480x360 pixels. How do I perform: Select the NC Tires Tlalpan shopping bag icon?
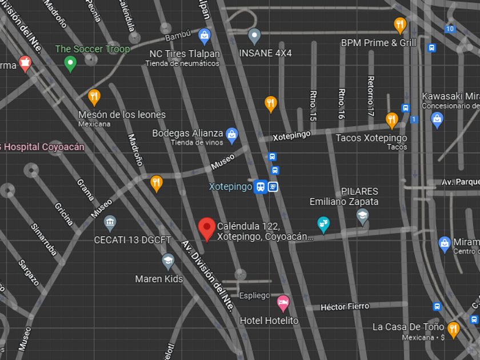pos(204,37)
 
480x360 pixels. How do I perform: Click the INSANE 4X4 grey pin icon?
pos(255,36)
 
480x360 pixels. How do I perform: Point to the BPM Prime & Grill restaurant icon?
pos(400,25)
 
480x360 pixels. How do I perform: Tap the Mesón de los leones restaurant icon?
pos(94,97)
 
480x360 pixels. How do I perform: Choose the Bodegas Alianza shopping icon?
pos(231,134)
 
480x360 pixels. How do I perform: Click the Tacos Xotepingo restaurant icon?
pos(391,120)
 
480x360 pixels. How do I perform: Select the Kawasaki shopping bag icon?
pos(437,119)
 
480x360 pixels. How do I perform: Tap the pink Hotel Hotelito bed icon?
pos(283,302)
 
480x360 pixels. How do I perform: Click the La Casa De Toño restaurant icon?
pos(453,329)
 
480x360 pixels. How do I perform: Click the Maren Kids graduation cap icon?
pos(167,261)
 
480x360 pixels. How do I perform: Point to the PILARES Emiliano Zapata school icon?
pos(362,215)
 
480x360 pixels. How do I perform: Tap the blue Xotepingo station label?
pos(230,187)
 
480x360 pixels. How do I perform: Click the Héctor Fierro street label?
pos(345,307)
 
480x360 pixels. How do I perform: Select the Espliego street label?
pos(254,295)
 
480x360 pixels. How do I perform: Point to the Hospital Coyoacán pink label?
pos(42,147)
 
